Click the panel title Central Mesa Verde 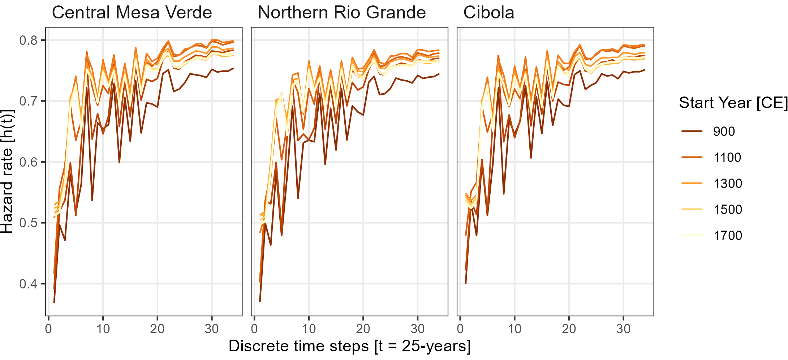coord(132,13)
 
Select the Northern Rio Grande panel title coord(342,13)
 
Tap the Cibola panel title coord(488,13)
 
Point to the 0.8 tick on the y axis coord(28,40)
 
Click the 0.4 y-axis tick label coord(28,284)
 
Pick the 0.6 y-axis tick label coord(28,162)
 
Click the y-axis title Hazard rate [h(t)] coord(7,172)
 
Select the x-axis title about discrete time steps coord(349,346)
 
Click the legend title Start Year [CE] coord(733,103)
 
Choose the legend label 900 coord(724,131)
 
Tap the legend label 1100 coord(727,157)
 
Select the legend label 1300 coord(727,183)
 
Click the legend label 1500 coord(727,209)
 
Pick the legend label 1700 coord(727,235)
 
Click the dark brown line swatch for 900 coord(692,131)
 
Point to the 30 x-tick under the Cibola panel coord(623,329)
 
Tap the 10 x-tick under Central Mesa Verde coord(103,329)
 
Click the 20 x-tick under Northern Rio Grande coord(363,329)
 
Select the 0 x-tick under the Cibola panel coord(460,329)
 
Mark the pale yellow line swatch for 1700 coord(692,235)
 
